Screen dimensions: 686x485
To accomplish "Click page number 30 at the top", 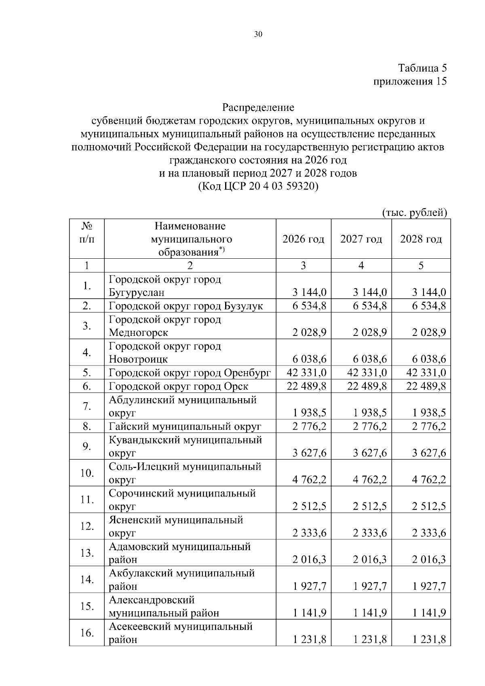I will point(258,35).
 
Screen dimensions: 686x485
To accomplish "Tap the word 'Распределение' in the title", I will point(258,108).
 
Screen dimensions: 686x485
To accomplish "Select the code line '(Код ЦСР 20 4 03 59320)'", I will point(258,187).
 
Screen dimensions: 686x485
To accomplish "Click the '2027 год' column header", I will point(361,239).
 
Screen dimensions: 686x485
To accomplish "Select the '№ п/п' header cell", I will point(87,232).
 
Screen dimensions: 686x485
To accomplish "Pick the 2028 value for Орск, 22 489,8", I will point(426,386).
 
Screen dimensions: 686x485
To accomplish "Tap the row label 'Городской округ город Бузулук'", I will point(186,306).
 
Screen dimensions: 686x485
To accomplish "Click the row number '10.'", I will point(87,473).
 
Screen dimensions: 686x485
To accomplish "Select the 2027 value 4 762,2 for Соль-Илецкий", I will point(369,480).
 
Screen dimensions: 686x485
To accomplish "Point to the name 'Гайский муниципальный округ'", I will point(185,426).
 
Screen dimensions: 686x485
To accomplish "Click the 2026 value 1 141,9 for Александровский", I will point(310,613).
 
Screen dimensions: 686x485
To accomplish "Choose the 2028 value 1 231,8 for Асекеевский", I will point(429,640).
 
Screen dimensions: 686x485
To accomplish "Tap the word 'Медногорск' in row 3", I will point(139,333).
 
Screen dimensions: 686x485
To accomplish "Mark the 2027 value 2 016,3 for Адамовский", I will point(369,560).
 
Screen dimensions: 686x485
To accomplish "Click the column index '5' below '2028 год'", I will point(421,266).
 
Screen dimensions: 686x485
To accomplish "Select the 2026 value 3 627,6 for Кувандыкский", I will point(310,453).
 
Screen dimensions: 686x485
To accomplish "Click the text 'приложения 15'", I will point(410,81).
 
